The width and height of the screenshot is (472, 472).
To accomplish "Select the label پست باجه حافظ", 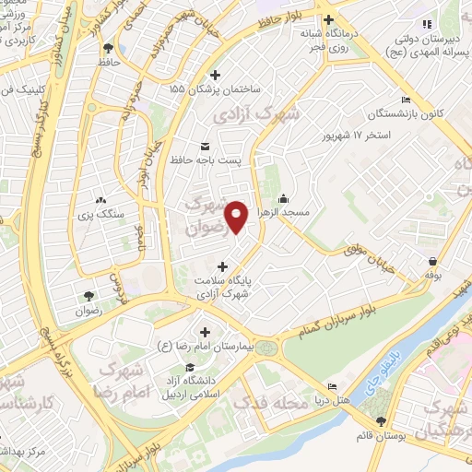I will click(205, 160).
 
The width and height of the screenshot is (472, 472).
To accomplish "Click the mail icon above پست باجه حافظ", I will click(204, 147).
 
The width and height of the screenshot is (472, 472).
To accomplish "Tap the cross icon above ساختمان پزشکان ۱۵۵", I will click(216, 75).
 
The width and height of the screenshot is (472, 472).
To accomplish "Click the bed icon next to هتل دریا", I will click(333, 386).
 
